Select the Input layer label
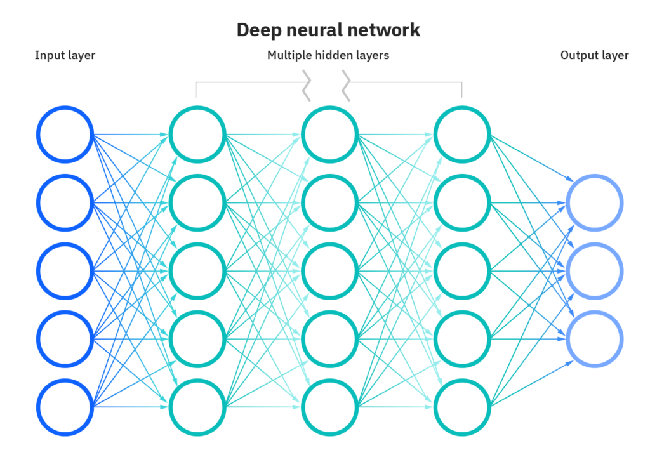point(65,56)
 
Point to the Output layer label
point(594,56)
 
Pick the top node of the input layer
point(65,135)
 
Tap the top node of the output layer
point(595,203)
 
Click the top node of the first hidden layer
point(197,135)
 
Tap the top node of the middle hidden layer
point(330,135)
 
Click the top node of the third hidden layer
point(462,135)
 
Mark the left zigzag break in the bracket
point(307,86)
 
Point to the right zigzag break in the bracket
point(347,86)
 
